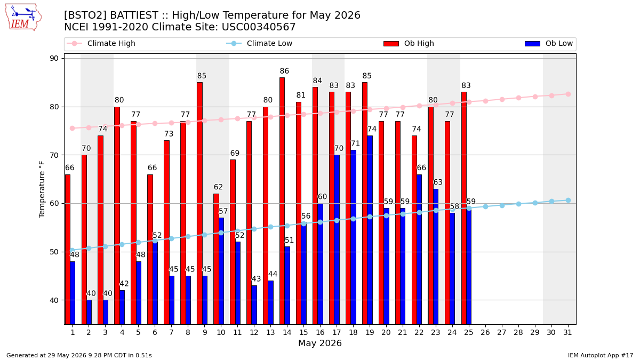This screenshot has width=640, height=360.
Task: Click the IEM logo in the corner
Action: coord(23,18)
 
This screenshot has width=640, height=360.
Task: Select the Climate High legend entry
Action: coord(101,43)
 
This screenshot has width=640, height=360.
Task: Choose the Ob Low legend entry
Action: coord(549,43)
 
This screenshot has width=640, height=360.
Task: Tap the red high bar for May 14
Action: coord(282,201)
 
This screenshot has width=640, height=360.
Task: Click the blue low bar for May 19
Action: coord(370,230)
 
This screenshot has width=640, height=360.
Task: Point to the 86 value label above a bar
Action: coord(284,71)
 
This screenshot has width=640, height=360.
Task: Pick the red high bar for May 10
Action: coord(216,259)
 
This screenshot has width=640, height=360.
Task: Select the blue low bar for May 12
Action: coord(254,305)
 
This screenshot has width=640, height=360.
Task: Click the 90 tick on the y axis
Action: coord(54,58)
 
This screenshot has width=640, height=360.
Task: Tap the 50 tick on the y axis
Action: coord(54,252)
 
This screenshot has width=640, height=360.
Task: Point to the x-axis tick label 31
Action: coord(567,332)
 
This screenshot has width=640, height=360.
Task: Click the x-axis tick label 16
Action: coord(320,332)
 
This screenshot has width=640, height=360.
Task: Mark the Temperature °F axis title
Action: coord(42,189)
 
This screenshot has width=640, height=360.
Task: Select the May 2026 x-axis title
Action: coord(320,343)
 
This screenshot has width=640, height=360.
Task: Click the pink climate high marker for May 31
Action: coord(568,94)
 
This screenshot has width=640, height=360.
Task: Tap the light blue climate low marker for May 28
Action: coord(518,204)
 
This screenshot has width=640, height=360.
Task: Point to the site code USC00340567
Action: coord(259,27)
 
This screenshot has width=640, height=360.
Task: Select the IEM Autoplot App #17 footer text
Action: coord(601,355)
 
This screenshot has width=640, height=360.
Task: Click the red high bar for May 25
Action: coord(463,209)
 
